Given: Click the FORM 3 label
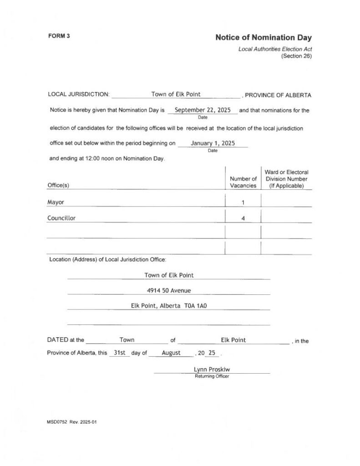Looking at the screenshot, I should [x=59, y=36].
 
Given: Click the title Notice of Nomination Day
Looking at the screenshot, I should [x=264, y=38].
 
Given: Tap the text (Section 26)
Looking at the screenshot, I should [x=296, y=56].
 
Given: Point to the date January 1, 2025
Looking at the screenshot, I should [x=213, y=143].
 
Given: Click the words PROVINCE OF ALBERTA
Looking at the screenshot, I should [x=278, y=95].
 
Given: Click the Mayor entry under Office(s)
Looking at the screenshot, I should [x=56, y=202].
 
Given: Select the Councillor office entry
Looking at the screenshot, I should [x=61, y=218].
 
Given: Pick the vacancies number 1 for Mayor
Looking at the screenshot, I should [x=243, y=202].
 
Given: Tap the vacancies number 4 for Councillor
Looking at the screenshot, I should [x=243, y=218].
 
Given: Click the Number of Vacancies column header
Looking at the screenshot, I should [x=243, y=182].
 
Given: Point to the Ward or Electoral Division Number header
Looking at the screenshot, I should [x=286, y=179].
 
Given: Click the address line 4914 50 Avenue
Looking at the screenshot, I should [x=169, y=290].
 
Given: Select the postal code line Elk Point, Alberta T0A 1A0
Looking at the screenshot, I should [x=169, y=306].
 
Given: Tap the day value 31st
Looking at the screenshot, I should [x=119, y=353].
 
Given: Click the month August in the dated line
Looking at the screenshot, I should [x=171, y=353].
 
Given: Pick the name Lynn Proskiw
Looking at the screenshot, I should [x=212, y=370].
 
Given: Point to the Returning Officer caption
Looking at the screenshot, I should [x=212, y=376].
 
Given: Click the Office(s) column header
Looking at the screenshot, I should [x=58, y=186].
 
